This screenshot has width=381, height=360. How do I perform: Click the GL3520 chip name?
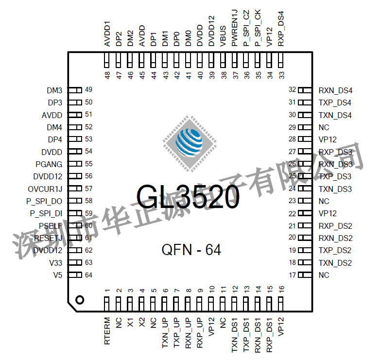point(188,197)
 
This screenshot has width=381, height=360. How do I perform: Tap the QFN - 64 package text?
point(191,250)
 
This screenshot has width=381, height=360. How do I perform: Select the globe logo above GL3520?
point(189,143)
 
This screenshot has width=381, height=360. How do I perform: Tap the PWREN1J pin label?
point(235,31)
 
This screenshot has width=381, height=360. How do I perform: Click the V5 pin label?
point(58,275)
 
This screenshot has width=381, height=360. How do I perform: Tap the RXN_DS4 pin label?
point(335,90)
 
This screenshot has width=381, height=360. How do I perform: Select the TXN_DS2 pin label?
point(335,263)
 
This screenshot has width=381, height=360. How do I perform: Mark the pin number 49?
point(88,90)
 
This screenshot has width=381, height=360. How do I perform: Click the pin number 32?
point(292,90)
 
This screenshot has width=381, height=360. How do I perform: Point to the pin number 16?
point(282,290)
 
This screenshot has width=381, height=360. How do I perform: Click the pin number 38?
point(223,75)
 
